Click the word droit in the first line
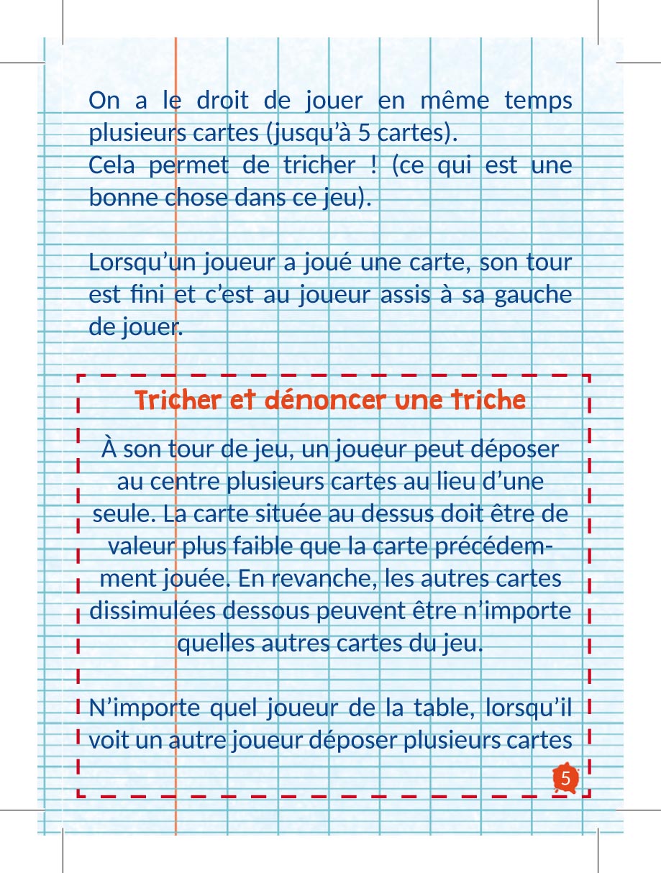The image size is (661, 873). tap(219, 101)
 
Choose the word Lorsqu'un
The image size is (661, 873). tap(137, 263)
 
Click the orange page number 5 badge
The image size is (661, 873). tap(566, 779)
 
